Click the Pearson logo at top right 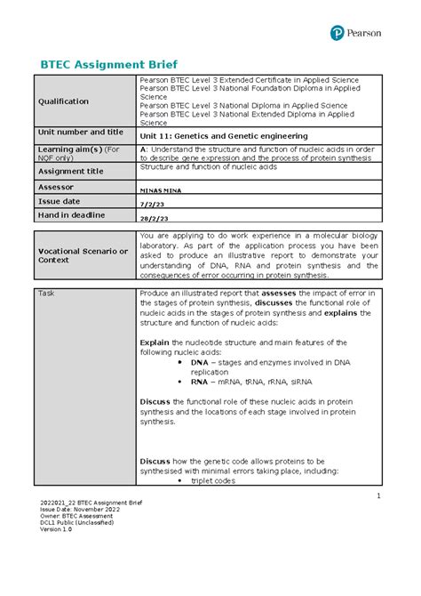pos(355,33)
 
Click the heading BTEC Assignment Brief pos(105,64)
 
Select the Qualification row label pos(62,101)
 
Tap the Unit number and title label pos(79,132)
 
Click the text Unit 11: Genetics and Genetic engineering pos(224,136)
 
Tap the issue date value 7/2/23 pos(152,204)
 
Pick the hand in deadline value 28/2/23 pos(155,218)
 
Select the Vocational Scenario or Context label pos(81,255)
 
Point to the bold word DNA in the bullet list pos(200,362)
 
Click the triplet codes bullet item pos(213,480)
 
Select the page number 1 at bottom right pos(377,495)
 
